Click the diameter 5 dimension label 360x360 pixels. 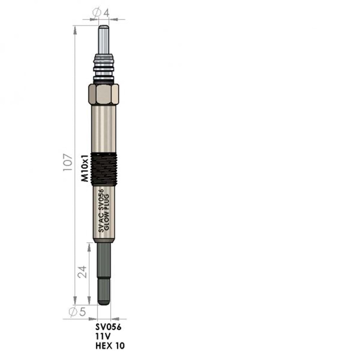click(x=77, y=312)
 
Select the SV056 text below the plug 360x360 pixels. click(x=108, y=328)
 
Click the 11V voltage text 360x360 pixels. click(x=103, y=337)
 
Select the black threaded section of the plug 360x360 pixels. click(x=104, y=169)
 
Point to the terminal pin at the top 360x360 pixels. click(x=104, y=40)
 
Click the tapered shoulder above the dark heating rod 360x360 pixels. click(x=104, y=240)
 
